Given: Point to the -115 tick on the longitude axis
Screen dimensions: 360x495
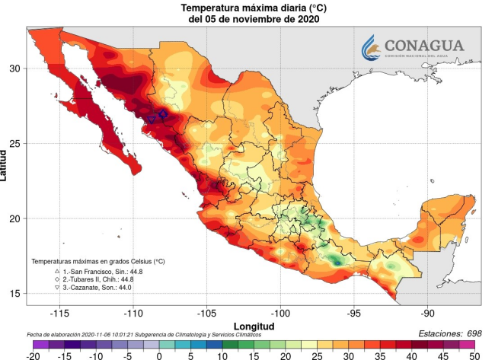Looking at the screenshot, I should (x=59, y=314).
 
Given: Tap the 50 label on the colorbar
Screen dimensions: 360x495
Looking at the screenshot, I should (x=473, y=355).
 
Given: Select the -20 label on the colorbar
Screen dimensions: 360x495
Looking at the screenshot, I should (x=34, y=355).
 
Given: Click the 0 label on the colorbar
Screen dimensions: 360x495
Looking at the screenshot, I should (x=159, y=355).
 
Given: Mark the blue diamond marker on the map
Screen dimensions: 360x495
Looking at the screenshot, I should (x=163, y=113).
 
